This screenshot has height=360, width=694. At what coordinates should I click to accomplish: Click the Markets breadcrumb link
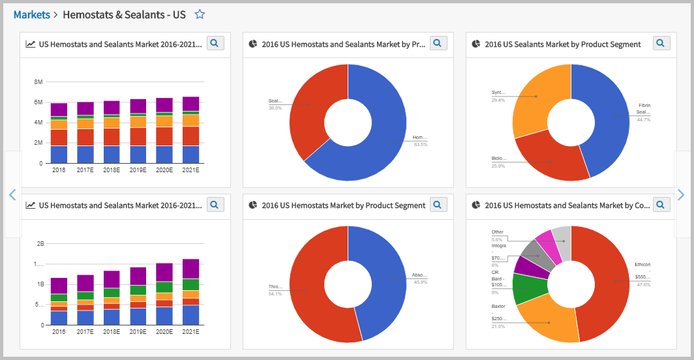click(31, 14)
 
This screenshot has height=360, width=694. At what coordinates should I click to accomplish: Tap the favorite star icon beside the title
click(200, 14)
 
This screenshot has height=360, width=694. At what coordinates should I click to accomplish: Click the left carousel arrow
click(12, 194)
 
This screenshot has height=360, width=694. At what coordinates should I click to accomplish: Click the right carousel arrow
click(681, 194)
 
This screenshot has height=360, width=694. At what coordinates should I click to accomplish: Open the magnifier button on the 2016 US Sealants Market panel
click(661, 43)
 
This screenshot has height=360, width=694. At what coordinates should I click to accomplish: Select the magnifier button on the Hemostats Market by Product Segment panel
click(438, 205)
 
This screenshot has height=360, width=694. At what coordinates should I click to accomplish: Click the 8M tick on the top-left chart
click(38, 82)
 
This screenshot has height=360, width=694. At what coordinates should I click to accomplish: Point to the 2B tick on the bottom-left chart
click(40, 244)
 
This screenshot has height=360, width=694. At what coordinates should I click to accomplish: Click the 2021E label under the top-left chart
click(190, 170)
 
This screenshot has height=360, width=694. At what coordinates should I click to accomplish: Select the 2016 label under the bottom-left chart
click(59, 332)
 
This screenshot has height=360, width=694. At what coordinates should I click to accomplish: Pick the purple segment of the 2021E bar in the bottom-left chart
click(190, 269)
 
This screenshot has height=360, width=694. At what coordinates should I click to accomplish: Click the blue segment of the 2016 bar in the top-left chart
click(59, 154)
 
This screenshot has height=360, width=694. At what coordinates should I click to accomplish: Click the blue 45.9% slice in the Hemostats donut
click(385, 280)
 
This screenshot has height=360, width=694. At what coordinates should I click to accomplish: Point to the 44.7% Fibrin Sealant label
click(644, 119)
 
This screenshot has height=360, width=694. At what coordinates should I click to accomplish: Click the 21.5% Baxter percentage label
click(498, 326)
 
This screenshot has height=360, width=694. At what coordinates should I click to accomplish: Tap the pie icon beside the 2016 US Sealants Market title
click(476, 44)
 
